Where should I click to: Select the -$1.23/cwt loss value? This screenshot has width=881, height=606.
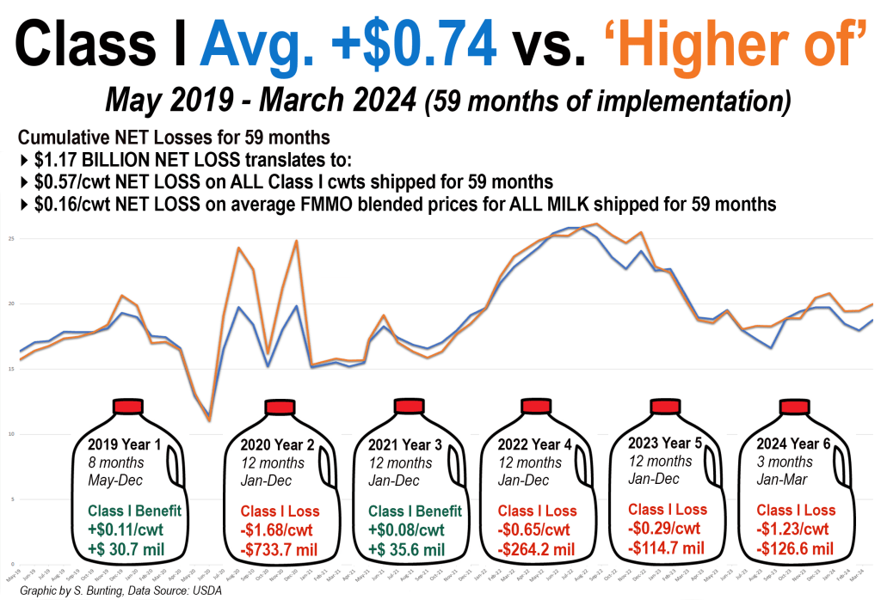792,529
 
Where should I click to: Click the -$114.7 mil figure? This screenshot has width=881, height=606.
668,547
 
